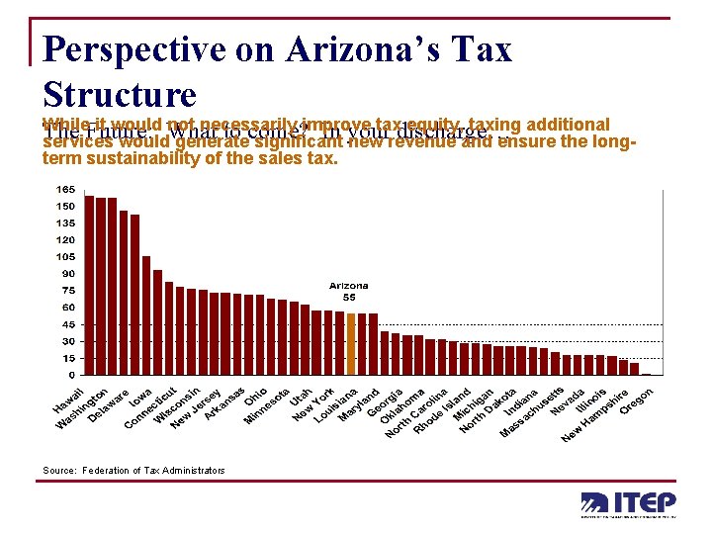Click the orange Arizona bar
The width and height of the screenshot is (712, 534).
click(352, 344)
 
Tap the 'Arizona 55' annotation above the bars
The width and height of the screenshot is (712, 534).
click(348, 292)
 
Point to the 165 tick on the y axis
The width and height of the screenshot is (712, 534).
click(66, 189)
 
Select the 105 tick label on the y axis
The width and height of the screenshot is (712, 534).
click(66, 256)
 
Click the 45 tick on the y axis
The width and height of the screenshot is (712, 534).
click(68, 323)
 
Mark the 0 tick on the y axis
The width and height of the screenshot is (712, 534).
click(70, 375)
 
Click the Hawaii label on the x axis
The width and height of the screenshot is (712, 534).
click(66, 402)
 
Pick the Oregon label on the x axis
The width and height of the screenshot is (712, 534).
click(637, 401)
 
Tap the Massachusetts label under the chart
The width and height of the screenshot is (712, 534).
click(532, 412)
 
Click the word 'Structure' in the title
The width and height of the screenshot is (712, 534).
click(121, 94)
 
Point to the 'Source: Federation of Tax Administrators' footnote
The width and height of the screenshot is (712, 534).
click(133, 470)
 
